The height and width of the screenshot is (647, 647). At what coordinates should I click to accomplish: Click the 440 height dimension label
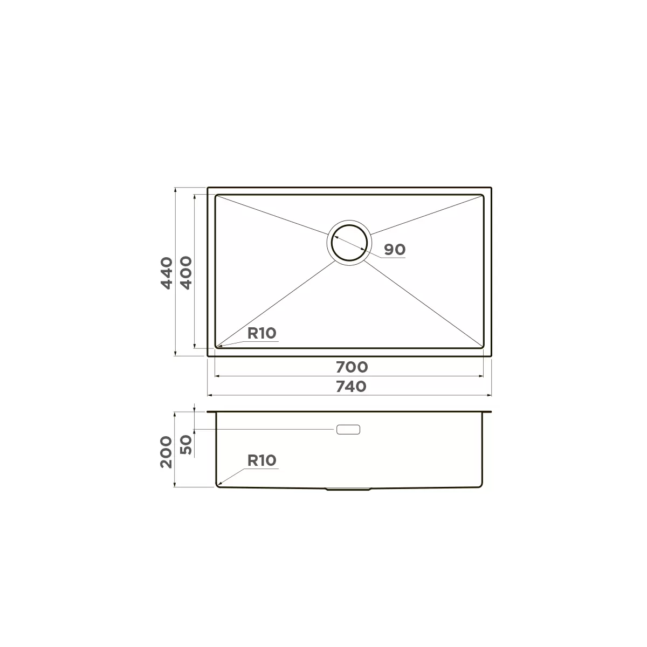point(167,273)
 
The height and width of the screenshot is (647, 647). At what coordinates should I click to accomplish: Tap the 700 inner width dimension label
point(352,367)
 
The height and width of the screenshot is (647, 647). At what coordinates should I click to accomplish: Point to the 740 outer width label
point(351,387)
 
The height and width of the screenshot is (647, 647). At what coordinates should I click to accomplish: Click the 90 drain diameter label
point(395,250)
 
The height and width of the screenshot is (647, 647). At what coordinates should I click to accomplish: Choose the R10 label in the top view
point(262,333)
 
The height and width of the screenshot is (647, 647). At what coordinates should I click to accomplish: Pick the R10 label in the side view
point(262,460)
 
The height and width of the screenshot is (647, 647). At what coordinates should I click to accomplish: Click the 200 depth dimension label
point(166,452)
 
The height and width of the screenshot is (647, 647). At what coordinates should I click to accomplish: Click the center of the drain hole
point(349,243)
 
